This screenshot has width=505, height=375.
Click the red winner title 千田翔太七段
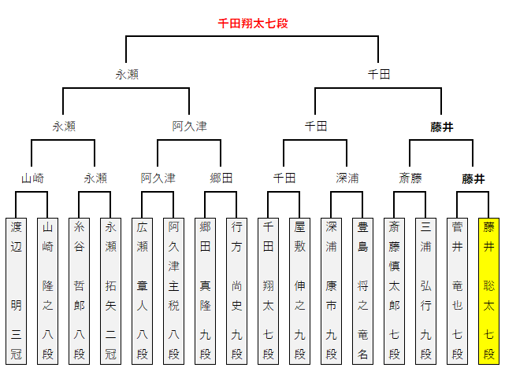(x=252, y=24)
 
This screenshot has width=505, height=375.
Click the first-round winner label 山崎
(x=32, y=178)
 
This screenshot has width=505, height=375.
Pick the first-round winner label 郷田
(x=221, y=178)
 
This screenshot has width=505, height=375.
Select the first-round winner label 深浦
(x=347, y=178)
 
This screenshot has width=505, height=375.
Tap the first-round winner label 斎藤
(x=410, y=178)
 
